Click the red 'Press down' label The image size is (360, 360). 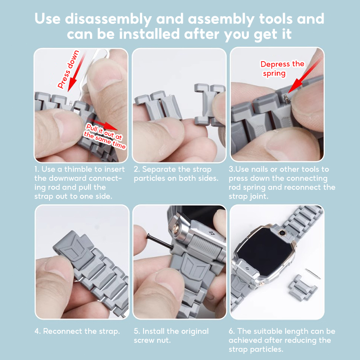(68, 69)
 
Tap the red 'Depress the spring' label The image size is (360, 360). (282, 68)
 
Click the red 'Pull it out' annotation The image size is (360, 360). (105, 136)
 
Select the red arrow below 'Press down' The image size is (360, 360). (76, 73)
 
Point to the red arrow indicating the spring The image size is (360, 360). (305, 76)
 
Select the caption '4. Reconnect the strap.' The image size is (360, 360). (77, 331)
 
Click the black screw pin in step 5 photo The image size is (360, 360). (160, 241)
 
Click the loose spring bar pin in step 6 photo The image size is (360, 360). (313, 274)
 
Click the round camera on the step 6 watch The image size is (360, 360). (282, 233)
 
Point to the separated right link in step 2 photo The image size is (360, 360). (208, 105)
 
